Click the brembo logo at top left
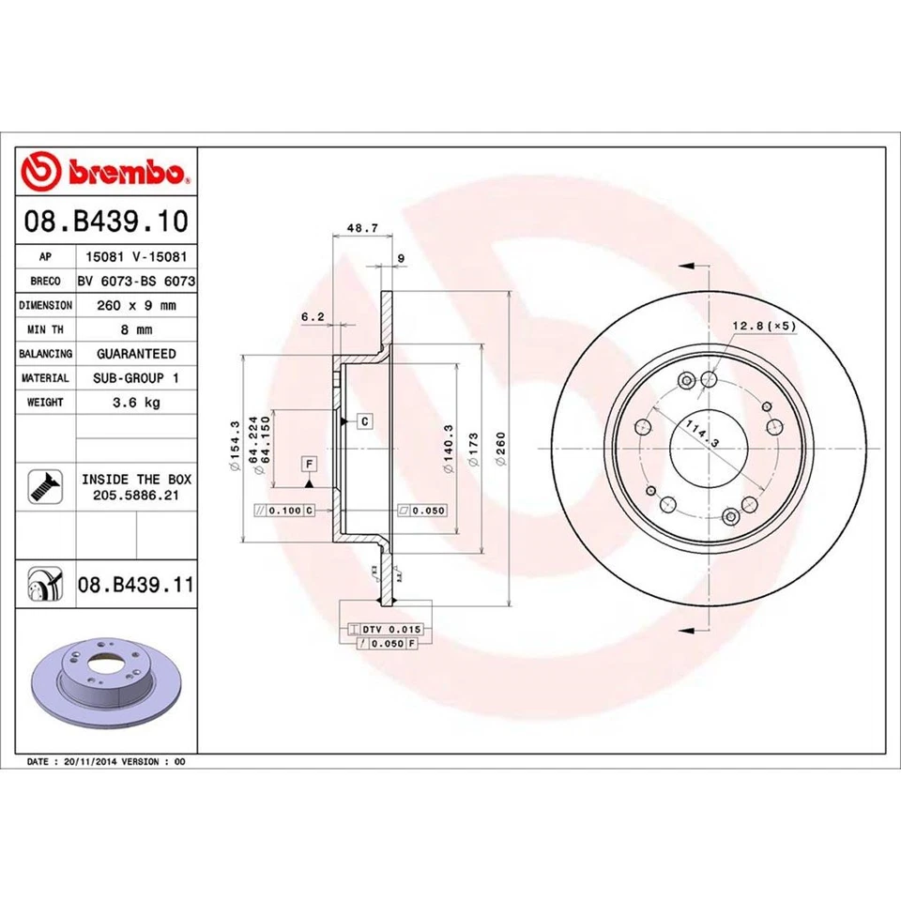pyautogui.click(x=106, y=173)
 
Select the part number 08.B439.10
pyautogui.click(x=106, y=222)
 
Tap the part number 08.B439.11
pyautogui.click(x=136, y=585)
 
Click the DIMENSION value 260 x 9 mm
pyautogui.click(x=136, y=305)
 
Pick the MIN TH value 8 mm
pyautogui.click(x=136, y=329)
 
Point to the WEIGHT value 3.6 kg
pyautogui.click(x=136, y=402)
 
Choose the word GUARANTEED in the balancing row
pyautogui.click(x=136, y=354)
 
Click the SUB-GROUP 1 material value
pyautogui.click(x=136, y=377)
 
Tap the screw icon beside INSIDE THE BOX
pyautogui.click(x=45, y=484)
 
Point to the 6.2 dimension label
pyautogui.click(x=313, y=317)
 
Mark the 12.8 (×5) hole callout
pyautogui.click(x=763, y=326)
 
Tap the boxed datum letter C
pyautogui.click(x=363, y=420)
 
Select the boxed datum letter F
pyautogui.click(x=307, y=465)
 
